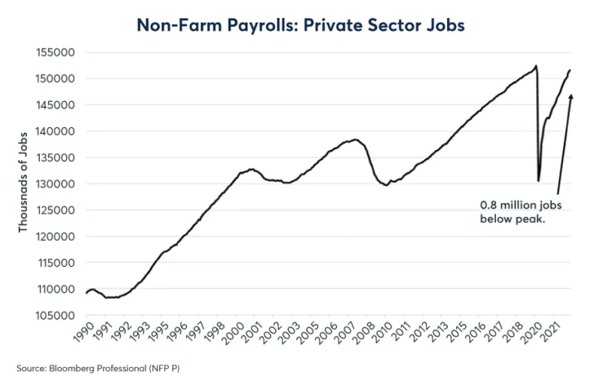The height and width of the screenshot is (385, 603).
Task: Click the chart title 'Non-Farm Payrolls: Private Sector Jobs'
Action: (x=301, y=25)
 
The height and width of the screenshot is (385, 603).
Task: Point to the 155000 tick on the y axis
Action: (x=60, y=53)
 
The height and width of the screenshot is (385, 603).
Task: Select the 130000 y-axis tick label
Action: (x=60, y=185)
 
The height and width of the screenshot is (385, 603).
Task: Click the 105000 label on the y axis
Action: (x=60, y=316)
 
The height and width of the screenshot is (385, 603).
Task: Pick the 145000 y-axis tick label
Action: (x=60, y=105)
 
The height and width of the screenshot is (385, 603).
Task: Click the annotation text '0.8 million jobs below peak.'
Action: (x=519, y=212)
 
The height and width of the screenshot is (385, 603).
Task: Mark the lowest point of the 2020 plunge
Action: (x=538, y=181)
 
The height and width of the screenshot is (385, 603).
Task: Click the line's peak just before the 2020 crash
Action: (x=535, y=66)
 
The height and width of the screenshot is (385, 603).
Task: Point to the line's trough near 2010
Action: (x=386, y=185)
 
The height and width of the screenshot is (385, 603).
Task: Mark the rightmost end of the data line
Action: (x=571, y=70)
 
